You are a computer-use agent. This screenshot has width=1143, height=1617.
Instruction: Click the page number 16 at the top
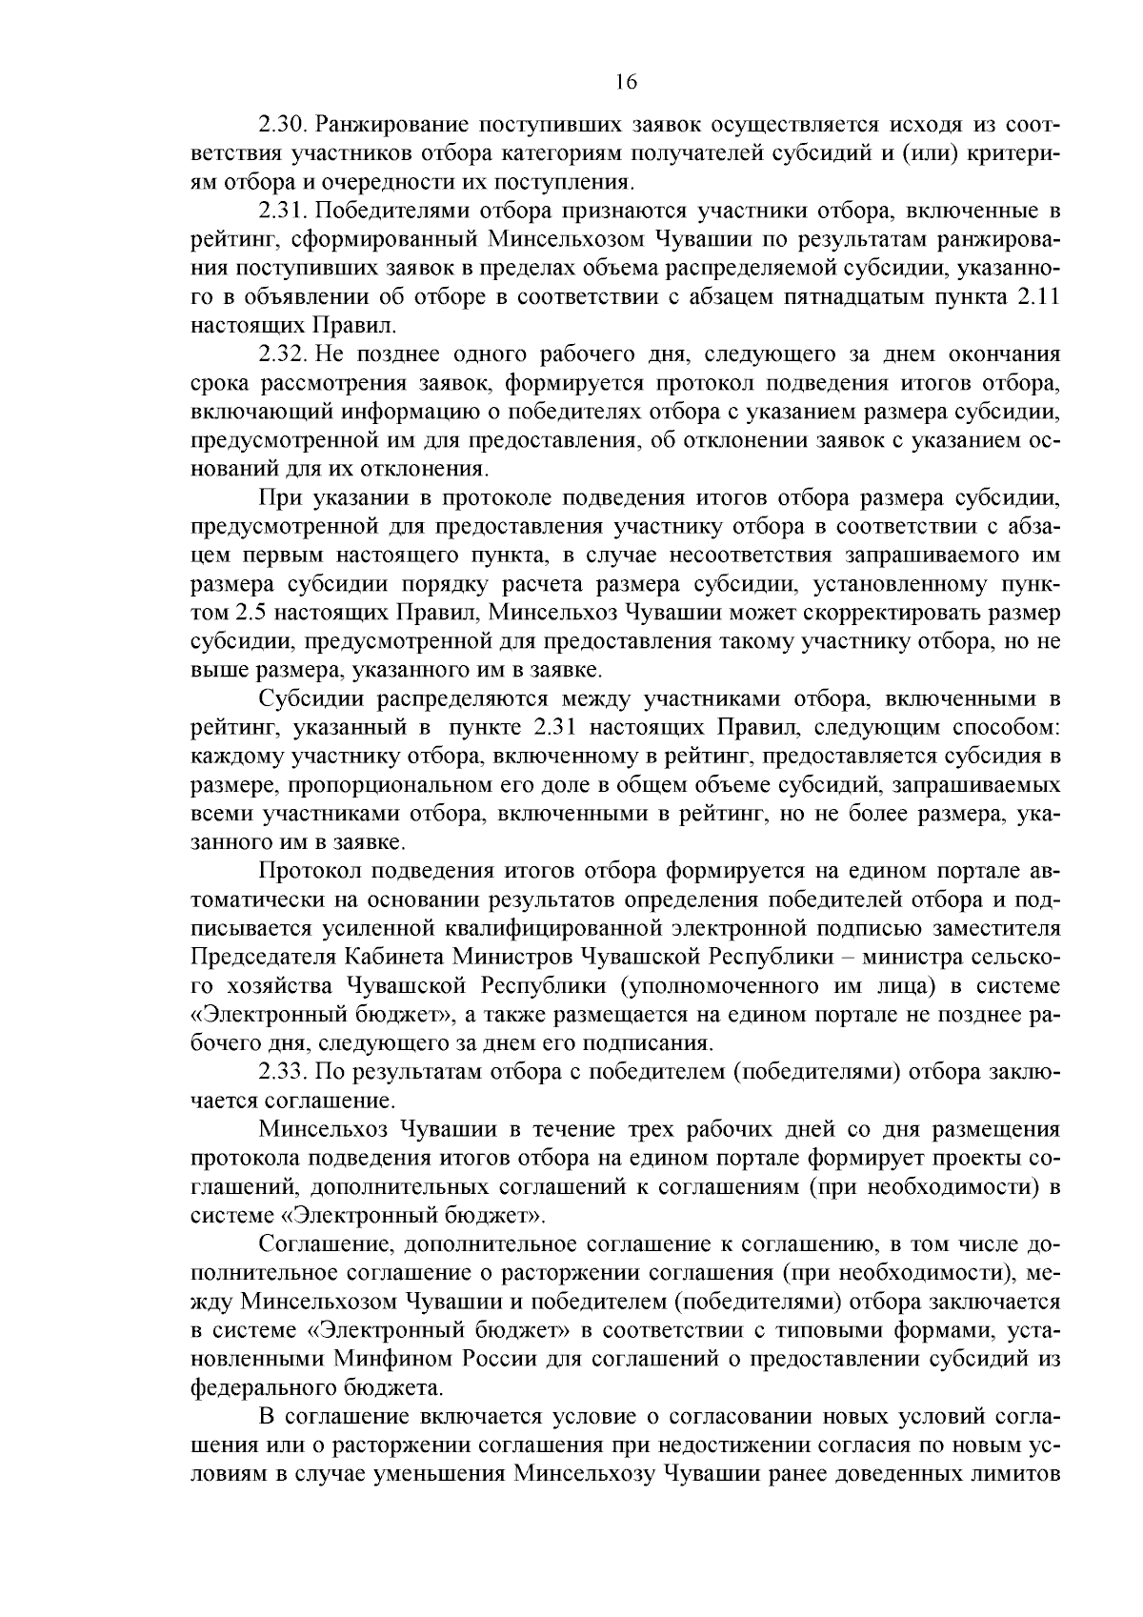click(x=625, y=82)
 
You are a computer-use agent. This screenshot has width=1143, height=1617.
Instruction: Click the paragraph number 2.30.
click(x=283, y=125)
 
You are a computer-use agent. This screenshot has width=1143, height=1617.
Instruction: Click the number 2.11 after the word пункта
click(x=1038, y=296)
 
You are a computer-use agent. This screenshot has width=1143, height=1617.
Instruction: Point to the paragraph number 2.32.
click(x=283, y=355)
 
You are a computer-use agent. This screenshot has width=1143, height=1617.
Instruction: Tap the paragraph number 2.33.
click(x=283, y=1072)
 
